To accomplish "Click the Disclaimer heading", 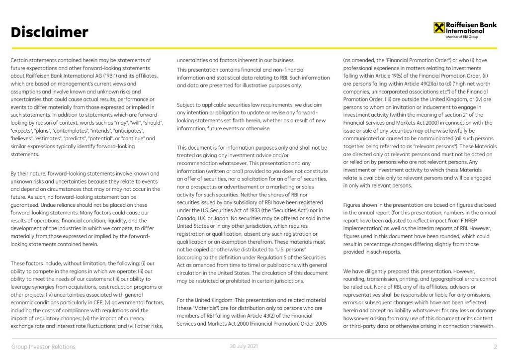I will [49, 32].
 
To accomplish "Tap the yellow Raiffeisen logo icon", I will [439, 27].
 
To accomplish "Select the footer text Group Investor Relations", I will [43, 347].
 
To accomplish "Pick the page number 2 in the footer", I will [495, 347].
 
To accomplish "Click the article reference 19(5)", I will [391, 76].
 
